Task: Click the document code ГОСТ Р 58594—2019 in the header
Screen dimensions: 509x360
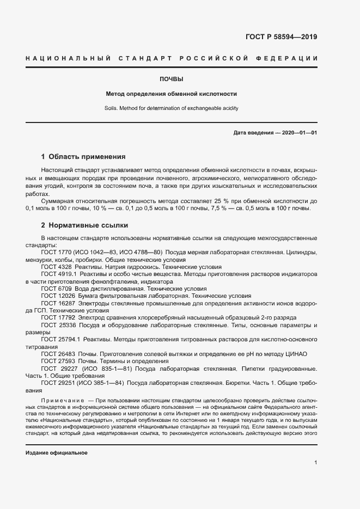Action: click(x=277, y=38)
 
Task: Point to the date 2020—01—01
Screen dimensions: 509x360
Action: click(x=299, y=133)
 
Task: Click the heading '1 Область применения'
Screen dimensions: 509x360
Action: click(x=83, y=156)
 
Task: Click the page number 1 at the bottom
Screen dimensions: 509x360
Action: click(x=315, y=463)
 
